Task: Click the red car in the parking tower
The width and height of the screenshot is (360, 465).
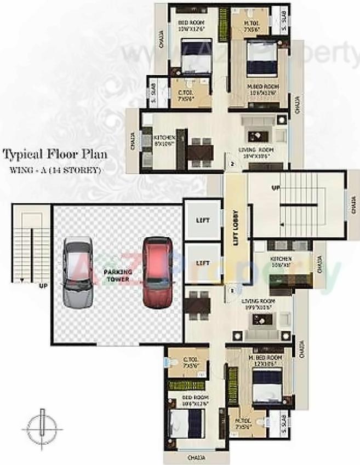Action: [x=157, y=272]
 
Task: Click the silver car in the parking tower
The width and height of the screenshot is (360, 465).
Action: [x=77, y=272]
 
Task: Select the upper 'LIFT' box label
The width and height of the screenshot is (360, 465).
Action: [x=203, y=220]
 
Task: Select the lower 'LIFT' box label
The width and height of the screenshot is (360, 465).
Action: [x=203, y=263]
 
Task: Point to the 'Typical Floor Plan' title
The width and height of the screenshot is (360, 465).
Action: [x=55, y=154]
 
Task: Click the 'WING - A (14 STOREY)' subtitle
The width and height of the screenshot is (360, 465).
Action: [x=55, y=170]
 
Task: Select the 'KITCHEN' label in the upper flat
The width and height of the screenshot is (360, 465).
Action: [x=164, y=137]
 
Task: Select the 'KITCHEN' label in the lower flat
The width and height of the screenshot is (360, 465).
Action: [x=281, y=259]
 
